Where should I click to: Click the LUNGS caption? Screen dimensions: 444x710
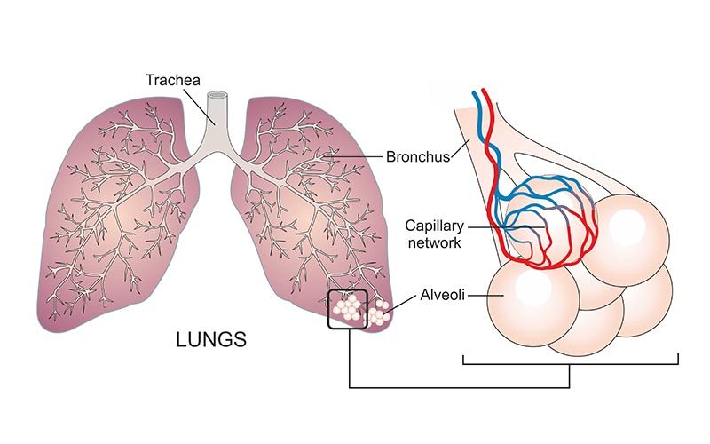[x=210, y=340]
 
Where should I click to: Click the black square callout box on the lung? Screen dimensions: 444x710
[x=348, y=309]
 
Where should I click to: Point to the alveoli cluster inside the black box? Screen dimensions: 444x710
[x=347, y=308]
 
